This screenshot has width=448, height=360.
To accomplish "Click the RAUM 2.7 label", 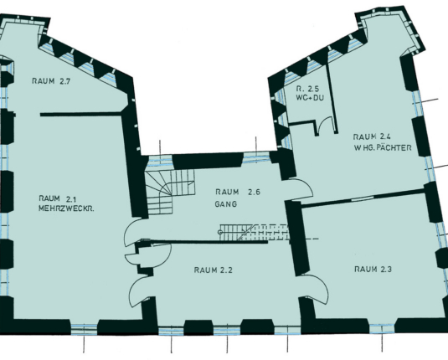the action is pyautogui.click(x=51, y=81).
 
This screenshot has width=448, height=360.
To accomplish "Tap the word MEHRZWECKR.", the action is pyautogui.click(x=66, y=208).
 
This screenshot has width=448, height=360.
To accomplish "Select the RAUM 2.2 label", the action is pyautogui.click(x=214, y=270).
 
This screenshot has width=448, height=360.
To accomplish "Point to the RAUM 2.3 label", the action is pyautogui.click(x=373, y=269).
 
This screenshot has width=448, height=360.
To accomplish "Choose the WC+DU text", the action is pyautogui.click(x=310, y=98).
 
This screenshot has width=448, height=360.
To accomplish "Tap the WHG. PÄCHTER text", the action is pyautogui.click(x=383, y=147).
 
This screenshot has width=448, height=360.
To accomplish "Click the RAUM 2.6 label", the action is pyautogui.click(x=238, y=192).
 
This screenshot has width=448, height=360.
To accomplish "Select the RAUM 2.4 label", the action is pyautogui.click(x=372, y=136).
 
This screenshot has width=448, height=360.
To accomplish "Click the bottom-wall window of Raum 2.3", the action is pyautogui.click(x=382, y=328).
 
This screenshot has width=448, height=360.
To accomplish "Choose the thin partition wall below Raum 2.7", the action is pyautogui.click(x=81, y=115).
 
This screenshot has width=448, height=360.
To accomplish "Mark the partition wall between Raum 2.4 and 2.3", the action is pyautogui.click(x=363, y=198).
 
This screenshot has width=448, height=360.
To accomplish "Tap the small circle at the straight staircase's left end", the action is pyautogui.click(x=220, y=232).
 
